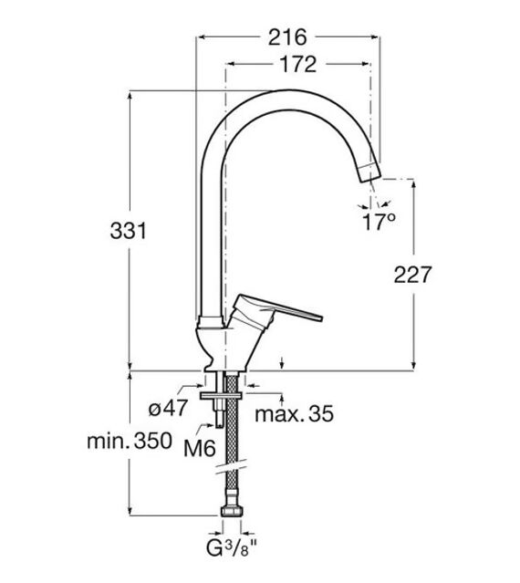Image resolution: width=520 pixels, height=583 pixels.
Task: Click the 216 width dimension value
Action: (x=287, y=37)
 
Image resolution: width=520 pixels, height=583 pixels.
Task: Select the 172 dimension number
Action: (x=297, y=65)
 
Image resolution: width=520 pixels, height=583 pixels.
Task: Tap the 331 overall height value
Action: (x=129, y=231)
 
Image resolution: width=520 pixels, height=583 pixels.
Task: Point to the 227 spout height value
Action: (x=412, y=275)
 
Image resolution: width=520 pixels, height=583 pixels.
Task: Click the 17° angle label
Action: (x=379, y=222)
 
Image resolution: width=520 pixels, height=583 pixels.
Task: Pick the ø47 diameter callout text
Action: (x=169, y=409)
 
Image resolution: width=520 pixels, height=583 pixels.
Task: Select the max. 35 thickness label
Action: (x=295, y=413)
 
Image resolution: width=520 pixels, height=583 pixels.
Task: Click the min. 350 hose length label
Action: (x=130, y=441)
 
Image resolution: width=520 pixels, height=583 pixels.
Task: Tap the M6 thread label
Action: (x=200, y=448)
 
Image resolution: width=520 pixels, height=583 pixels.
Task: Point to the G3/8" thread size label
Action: (x=232, y=548)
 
